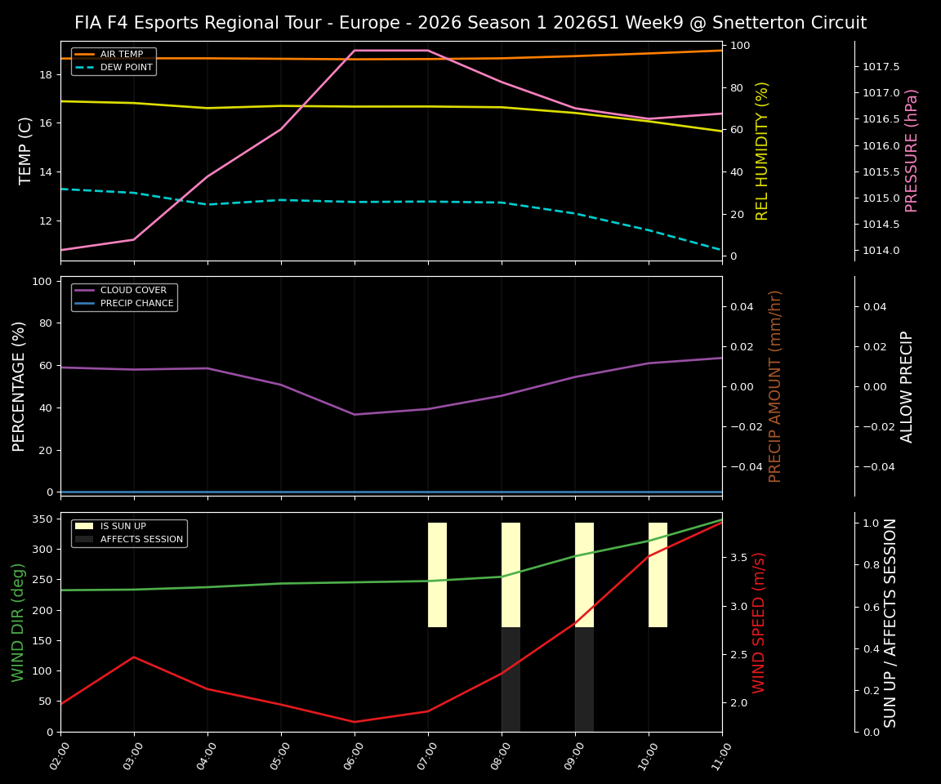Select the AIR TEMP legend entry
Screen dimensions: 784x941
pos(121,55)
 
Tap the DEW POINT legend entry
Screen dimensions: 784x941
pos(126,68)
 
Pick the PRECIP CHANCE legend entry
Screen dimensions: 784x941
pos(136,304)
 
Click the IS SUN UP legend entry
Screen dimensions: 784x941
pos(123,527)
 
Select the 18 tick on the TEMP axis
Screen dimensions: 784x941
pos(45,74)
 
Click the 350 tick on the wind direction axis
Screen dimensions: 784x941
pos(42,519)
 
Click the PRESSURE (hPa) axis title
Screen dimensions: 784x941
pos(912,150)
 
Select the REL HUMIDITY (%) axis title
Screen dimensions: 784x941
pos(762,150)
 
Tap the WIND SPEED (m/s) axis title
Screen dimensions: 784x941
pos(759,622)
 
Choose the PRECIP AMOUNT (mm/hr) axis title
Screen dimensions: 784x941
pos(775,385)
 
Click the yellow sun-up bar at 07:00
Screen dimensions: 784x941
pos(437,575)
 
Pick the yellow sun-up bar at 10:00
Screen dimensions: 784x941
pos(658,575)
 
